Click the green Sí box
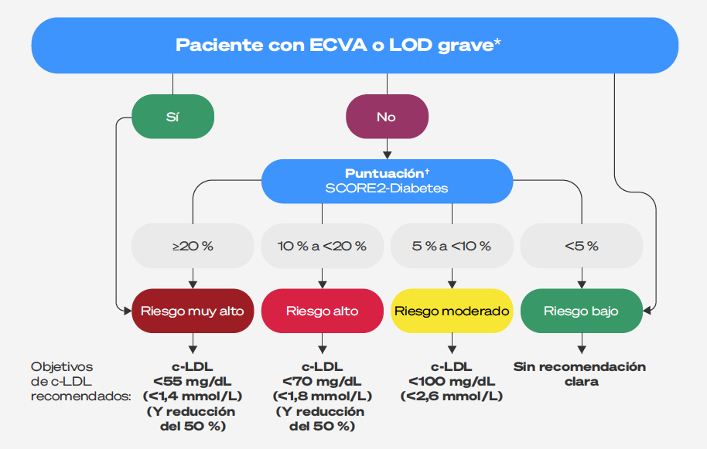pyautogui.click(x=172, y=117)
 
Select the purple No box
pyautogui.click(x=387, y=117)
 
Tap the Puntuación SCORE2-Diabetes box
pyautogui.click(x=387, y=181)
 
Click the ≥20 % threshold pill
pyautogui.click(x=193, y=246)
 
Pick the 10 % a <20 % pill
pyautogui.click(x=322, y=246)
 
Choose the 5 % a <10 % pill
pyautogui.click(x=452, y=246)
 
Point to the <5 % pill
pyautogui.click(x=582, y=246)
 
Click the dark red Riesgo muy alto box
pyautogui.click(x=193, y=311)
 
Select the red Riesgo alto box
pyautogui.click(x=322, y=311)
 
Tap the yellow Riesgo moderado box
pyautogui.click(x=452, y=311)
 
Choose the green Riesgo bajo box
pyautogui.click(x=582, y=311)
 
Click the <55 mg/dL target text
pyautogui.click(x=193, y=382)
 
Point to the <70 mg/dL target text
pyautogui.click(x=322, y=382)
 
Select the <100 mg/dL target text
pyautogui.click(x=452, y=382)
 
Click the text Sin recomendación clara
pyautogui.click(x=580, y=374)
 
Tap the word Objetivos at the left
pyautogui.click(x=62, y=367)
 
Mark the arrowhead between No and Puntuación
pyautogui.click(x=387, y=155)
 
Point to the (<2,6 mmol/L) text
pyautogui.click(x=452, y=396)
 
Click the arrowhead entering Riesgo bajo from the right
pyautogui.click(x=647, y=311)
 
